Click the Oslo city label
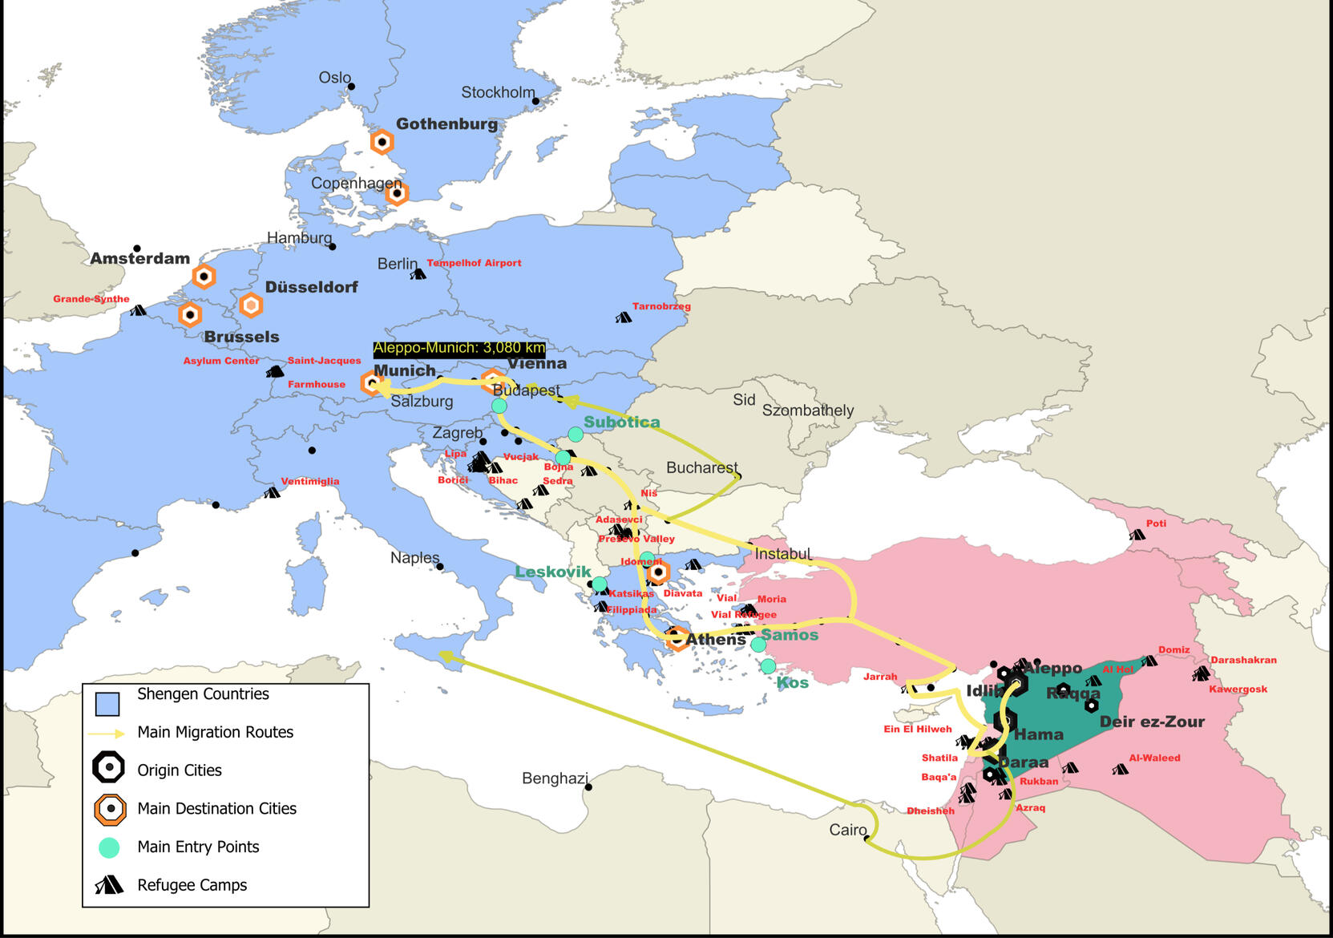pyautogui.click(x=334, y=78)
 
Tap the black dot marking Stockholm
pyautogui.click(x=535, y=101)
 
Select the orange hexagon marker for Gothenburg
pyautogui.click(x=382, y=143)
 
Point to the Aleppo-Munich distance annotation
pyautogui.click(x=459, y=348)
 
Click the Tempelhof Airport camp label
pyautogui.click(x=474, y=263)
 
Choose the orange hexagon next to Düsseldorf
pyautogui.click(x=251, y=305)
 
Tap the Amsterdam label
pyautogui.click(x=139, y=259)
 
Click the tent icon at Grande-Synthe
pyautogui.click(x=138, y=310)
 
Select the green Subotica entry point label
pyautogui.click(x=621, y=423)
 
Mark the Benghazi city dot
pyautogui.click(x=588, y=787)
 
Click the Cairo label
pyautogui.click(x=847, y=830)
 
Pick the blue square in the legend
pyautogui.click(x=107, y=703)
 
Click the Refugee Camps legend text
pyautogui.click(x=192, y=885)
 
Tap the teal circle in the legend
pyautogui.click(x=109, y=847)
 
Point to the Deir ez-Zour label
pyautogui.click(x=1151, y=722)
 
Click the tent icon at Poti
pyautogui.click(x=1137, y=535)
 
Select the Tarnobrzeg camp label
pyautogui.click(x=660, y=306)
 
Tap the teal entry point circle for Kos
pyautogui.click(x=768, y=666)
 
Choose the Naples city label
pyautogui.click(x=414, y=558)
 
